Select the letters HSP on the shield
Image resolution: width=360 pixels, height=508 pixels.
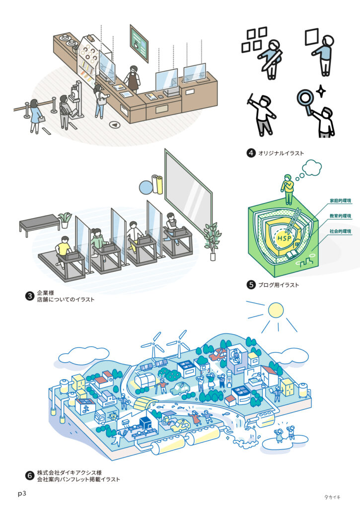[x=284, y=238]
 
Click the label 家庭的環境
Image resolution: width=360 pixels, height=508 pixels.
[x=340, y=201]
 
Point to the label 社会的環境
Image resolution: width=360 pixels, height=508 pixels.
[x=340, y=232]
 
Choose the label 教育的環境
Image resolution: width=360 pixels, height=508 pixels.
[x=340, y=216]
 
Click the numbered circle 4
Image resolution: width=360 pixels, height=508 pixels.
[x=251, y=153]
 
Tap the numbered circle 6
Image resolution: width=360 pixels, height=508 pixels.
[x=29, y=476]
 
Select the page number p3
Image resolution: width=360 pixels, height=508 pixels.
[x=22, y=494]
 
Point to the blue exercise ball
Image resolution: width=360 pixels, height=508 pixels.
[x=146, y=187]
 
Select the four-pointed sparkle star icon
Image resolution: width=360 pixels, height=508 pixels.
[x=320, y=91]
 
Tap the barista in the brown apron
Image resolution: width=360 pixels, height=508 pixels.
[x=133, y=77]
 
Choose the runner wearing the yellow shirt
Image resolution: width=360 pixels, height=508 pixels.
[x=64, y=247]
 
